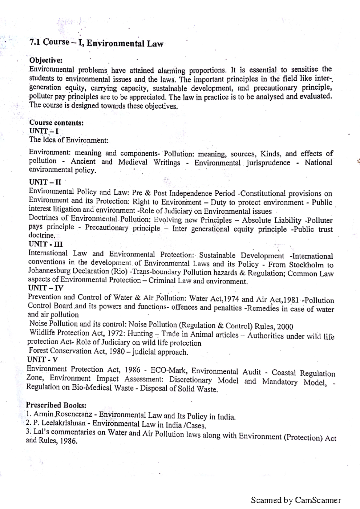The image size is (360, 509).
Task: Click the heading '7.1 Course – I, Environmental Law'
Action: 96,43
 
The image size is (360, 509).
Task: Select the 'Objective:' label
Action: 46,60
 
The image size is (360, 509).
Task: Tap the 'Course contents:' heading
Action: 56,123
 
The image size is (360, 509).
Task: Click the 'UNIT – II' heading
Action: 45,182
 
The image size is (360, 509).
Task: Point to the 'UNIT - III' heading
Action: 45,244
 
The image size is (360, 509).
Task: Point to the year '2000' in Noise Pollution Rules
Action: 285,326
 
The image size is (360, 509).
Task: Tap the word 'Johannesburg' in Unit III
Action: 48,271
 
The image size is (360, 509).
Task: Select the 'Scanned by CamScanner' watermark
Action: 296,500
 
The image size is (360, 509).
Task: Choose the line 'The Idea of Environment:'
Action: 69,140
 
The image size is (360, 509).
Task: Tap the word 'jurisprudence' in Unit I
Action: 268,163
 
